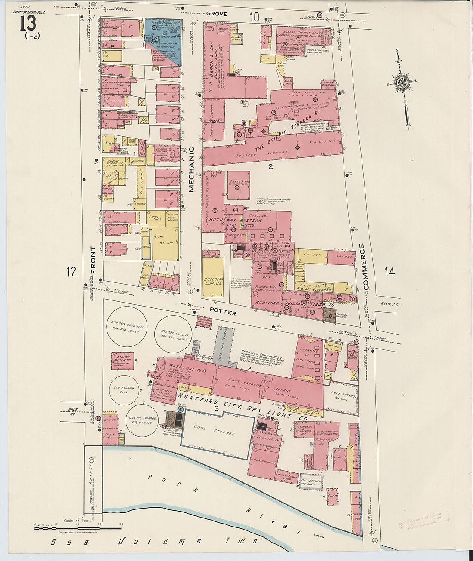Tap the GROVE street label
pyautogui.click(x=216, y=14)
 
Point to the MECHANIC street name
pyautogui.click(x=191, y=169)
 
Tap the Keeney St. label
pyautogui.click(x=390, y=304)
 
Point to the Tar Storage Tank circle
pyautogui.click(x=124, y=389)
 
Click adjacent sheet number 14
pyautogui.click(x=389, y=272)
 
